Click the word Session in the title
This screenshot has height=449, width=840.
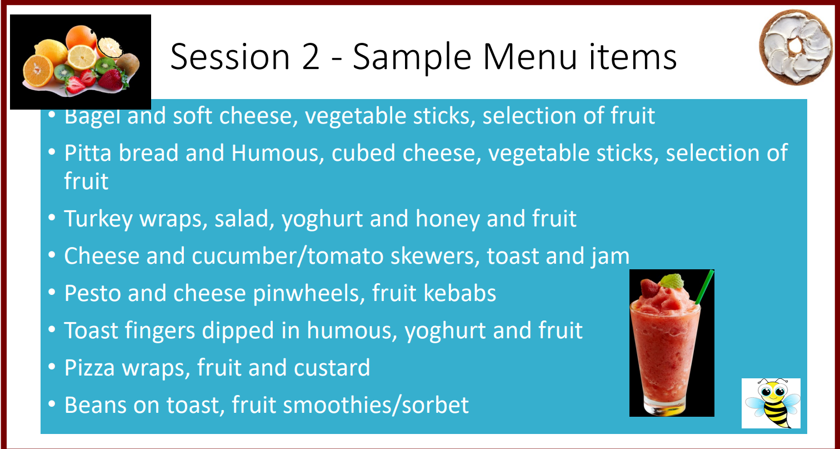[230, 57]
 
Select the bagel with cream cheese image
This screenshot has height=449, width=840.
[796, 47]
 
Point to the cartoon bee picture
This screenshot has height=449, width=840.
[771, 403]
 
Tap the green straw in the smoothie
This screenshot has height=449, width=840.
[704, 287]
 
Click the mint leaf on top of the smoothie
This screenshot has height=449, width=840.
[672, 281]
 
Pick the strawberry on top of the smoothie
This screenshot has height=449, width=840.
[649, 288]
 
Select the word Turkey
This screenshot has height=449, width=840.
[98, 219]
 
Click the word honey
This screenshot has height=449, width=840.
[448, 219]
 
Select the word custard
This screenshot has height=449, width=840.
[332, 368]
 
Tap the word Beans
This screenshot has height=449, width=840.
[96, 405]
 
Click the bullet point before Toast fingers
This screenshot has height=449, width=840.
[52, 329]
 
